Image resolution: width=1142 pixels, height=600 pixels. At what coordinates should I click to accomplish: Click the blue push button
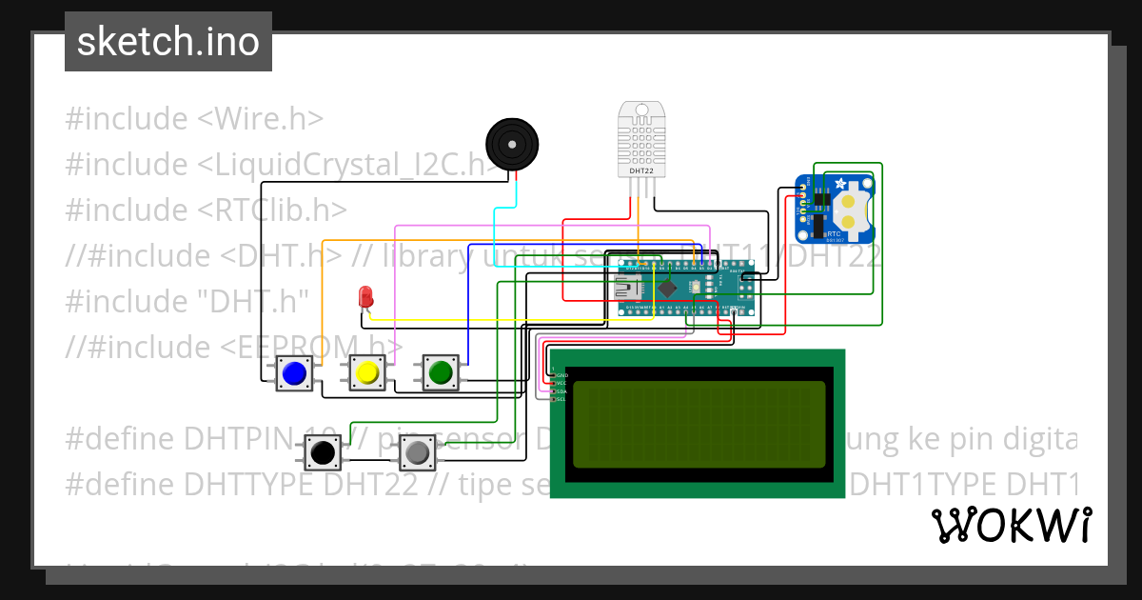pos(294,372)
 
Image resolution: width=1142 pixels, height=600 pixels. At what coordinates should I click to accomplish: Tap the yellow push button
pos(366,372)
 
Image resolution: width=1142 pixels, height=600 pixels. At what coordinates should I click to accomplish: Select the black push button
pos(324,451)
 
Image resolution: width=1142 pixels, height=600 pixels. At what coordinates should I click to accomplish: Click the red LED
pos(364,296)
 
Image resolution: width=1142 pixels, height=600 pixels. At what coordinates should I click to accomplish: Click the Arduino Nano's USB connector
pos(629,287)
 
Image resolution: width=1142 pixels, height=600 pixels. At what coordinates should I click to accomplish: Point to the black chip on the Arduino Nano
pos(669,287)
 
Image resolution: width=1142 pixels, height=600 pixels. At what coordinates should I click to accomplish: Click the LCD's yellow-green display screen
pos(698,422)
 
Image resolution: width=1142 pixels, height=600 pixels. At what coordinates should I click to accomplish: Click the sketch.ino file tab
pos(168,42)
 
